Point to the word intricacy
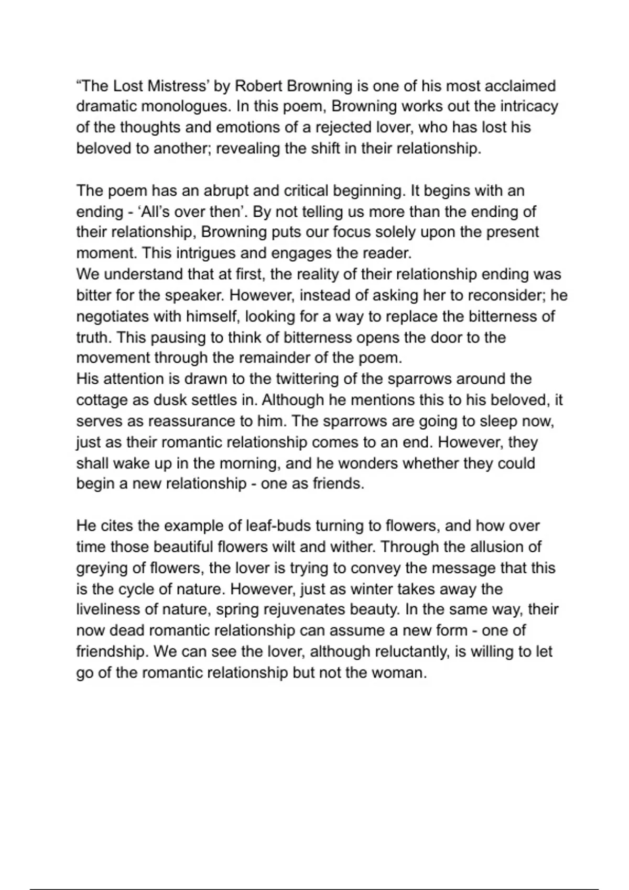coord(528,107)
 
